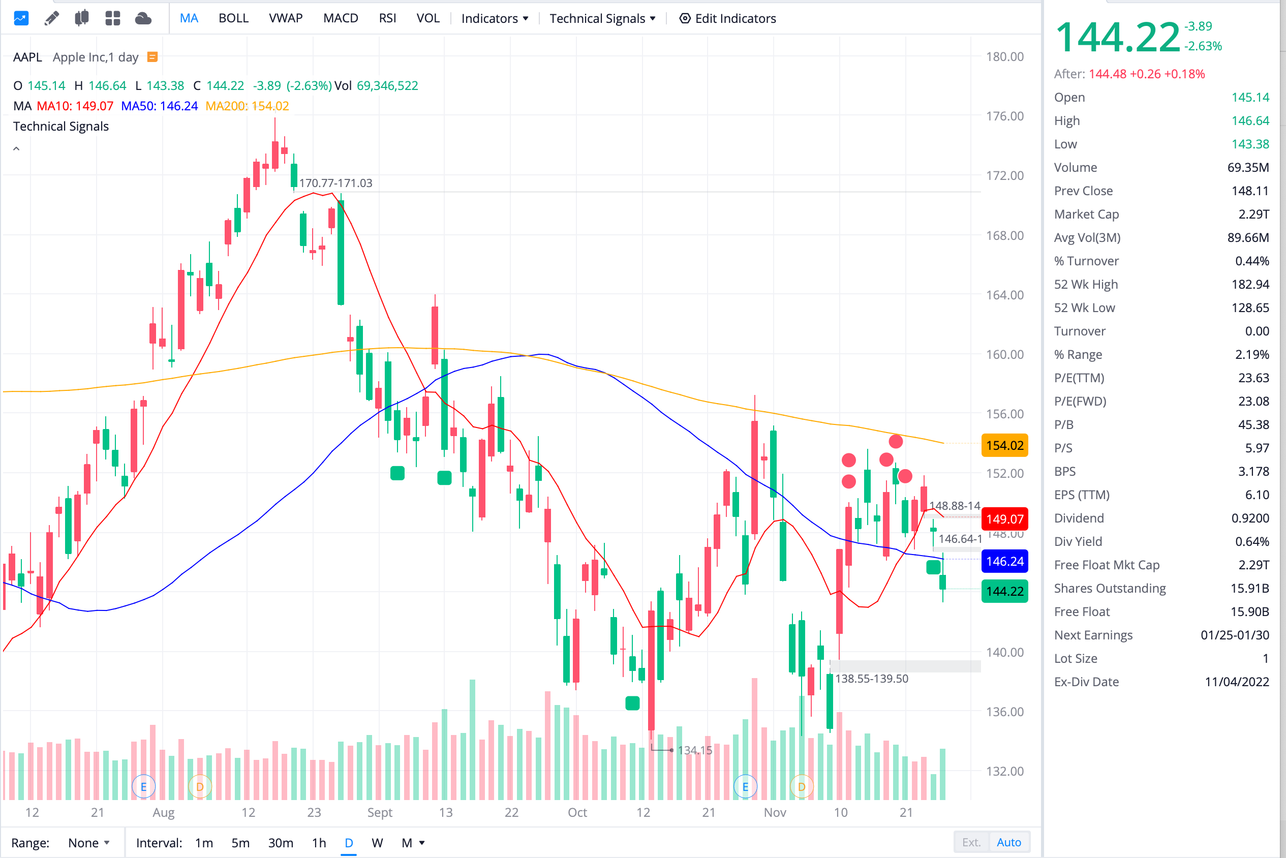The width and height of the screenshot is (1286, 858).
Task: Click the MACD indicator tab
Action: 341,18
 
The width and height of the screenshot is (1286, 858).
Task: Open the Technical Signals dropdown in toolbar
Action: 602,18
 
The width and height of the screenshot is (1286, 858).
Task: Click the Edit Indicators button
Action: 727,18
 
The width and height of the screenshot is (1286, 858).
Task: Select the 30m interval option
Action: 280,843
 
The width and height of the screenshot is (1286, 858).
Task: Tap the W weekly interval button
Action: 377,843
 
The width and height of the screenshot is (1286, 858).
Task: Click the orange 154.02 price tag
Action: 1004,445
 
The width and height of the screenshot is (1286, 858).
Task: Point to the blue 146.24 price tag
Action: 1004,562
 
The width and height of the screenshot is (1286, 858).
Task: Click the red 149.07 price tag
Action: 1004,519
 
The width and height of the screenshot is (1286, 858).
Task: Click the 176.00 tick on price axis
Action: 1004,116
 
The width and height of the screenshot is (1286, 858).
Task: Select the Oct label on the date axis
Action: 577,813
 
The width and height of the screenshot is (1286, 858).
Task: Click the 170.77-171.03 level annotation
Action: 335,183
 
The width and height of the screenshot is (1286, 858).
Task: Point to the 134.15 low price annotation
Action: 694,750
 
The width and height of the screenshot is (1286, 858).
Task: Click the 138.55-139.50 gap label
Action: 871,679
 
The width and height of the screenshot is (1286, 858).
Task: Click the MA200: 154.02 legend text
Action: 247,106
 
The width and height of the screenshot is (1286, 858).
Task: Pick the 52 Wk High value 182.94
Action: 1250,285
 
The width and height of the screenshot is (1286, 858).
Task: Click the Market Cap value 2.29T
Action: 1253,214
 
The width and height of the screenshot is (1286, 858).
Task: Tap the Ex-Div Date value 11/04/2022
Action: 1236,682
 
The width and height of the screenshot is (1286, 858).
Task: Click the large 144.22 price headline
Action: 1117,37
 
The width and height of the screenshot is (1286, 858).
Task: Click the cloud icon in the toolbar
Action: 143,18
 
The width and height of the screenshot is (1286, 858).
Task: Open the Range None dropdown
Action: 88,843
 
